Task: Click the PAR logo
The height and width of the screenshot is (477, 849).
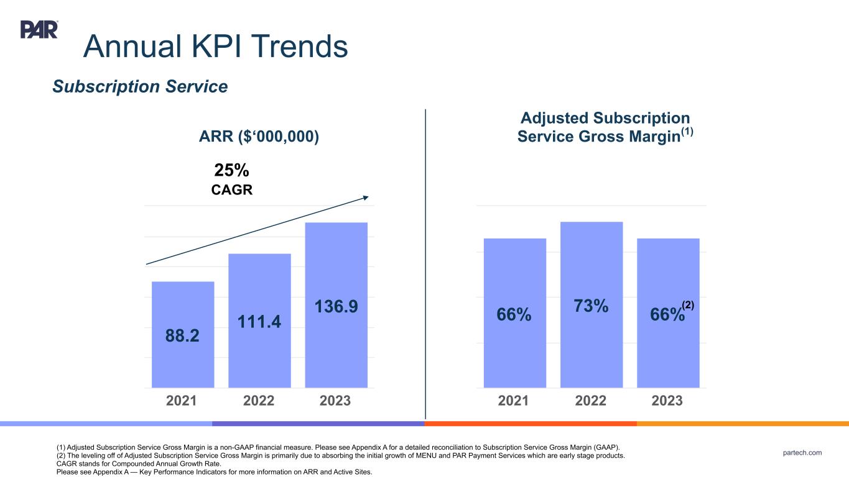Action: pos(39,29)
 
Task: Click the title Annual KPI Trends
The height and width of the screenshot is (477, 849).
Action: pos(215,46)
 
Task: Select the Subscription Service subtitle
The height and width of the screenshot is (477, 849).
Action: pos(140,87)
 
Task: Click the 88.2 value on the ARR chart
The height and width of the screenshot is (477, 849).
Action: pos(182,336)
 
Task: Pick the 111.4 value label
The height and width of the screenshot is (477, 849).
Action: pos(259,321)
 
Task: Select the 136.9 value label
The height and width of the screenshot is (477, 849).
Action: pos(336,307)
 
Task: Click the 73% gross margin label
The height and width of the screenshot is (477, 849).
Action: pos(591,306)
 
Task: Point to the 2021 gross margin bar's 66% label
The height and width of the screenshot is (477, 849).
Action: pos(514,315)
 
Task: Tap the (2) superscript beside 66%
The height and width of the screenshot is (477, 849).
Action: pos(687,305)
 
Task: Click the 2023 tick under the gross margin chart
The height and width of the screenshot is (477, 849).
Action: pos(667,401)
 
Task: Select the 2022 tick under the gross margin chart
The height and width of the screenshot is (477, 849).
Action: pos(590,401)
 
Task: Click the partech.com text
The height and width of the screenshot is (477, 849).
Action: pos(802,453)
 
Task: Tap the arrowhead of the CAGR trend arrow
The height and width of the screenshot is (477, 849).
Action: pos(366,198)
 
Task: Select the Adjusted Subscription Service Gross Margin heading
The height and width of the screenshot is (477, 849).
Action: pos(605,127)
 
